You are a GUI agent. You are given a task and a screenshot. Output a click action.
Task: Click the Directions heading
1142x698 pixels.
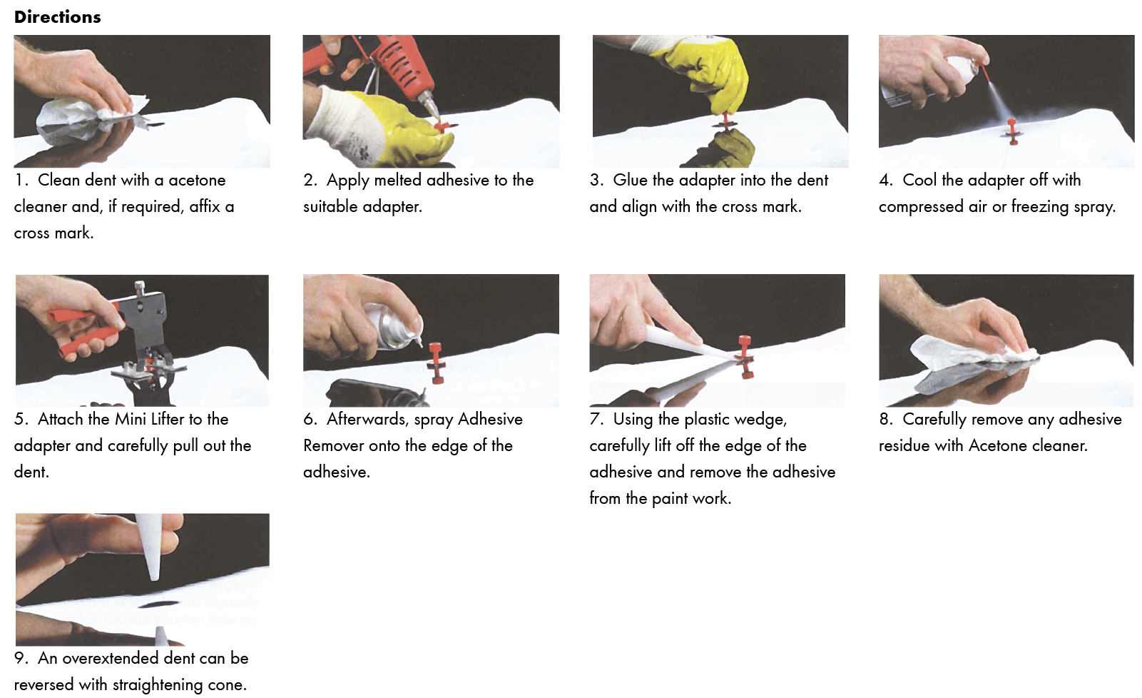[57, 17]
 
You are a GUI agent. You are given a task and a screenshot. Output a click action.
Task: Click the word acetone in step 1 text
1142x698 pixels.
[197, 180]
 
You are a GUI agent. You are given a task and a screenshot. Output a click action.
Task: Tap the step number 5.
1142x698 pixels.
[19, 419]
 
